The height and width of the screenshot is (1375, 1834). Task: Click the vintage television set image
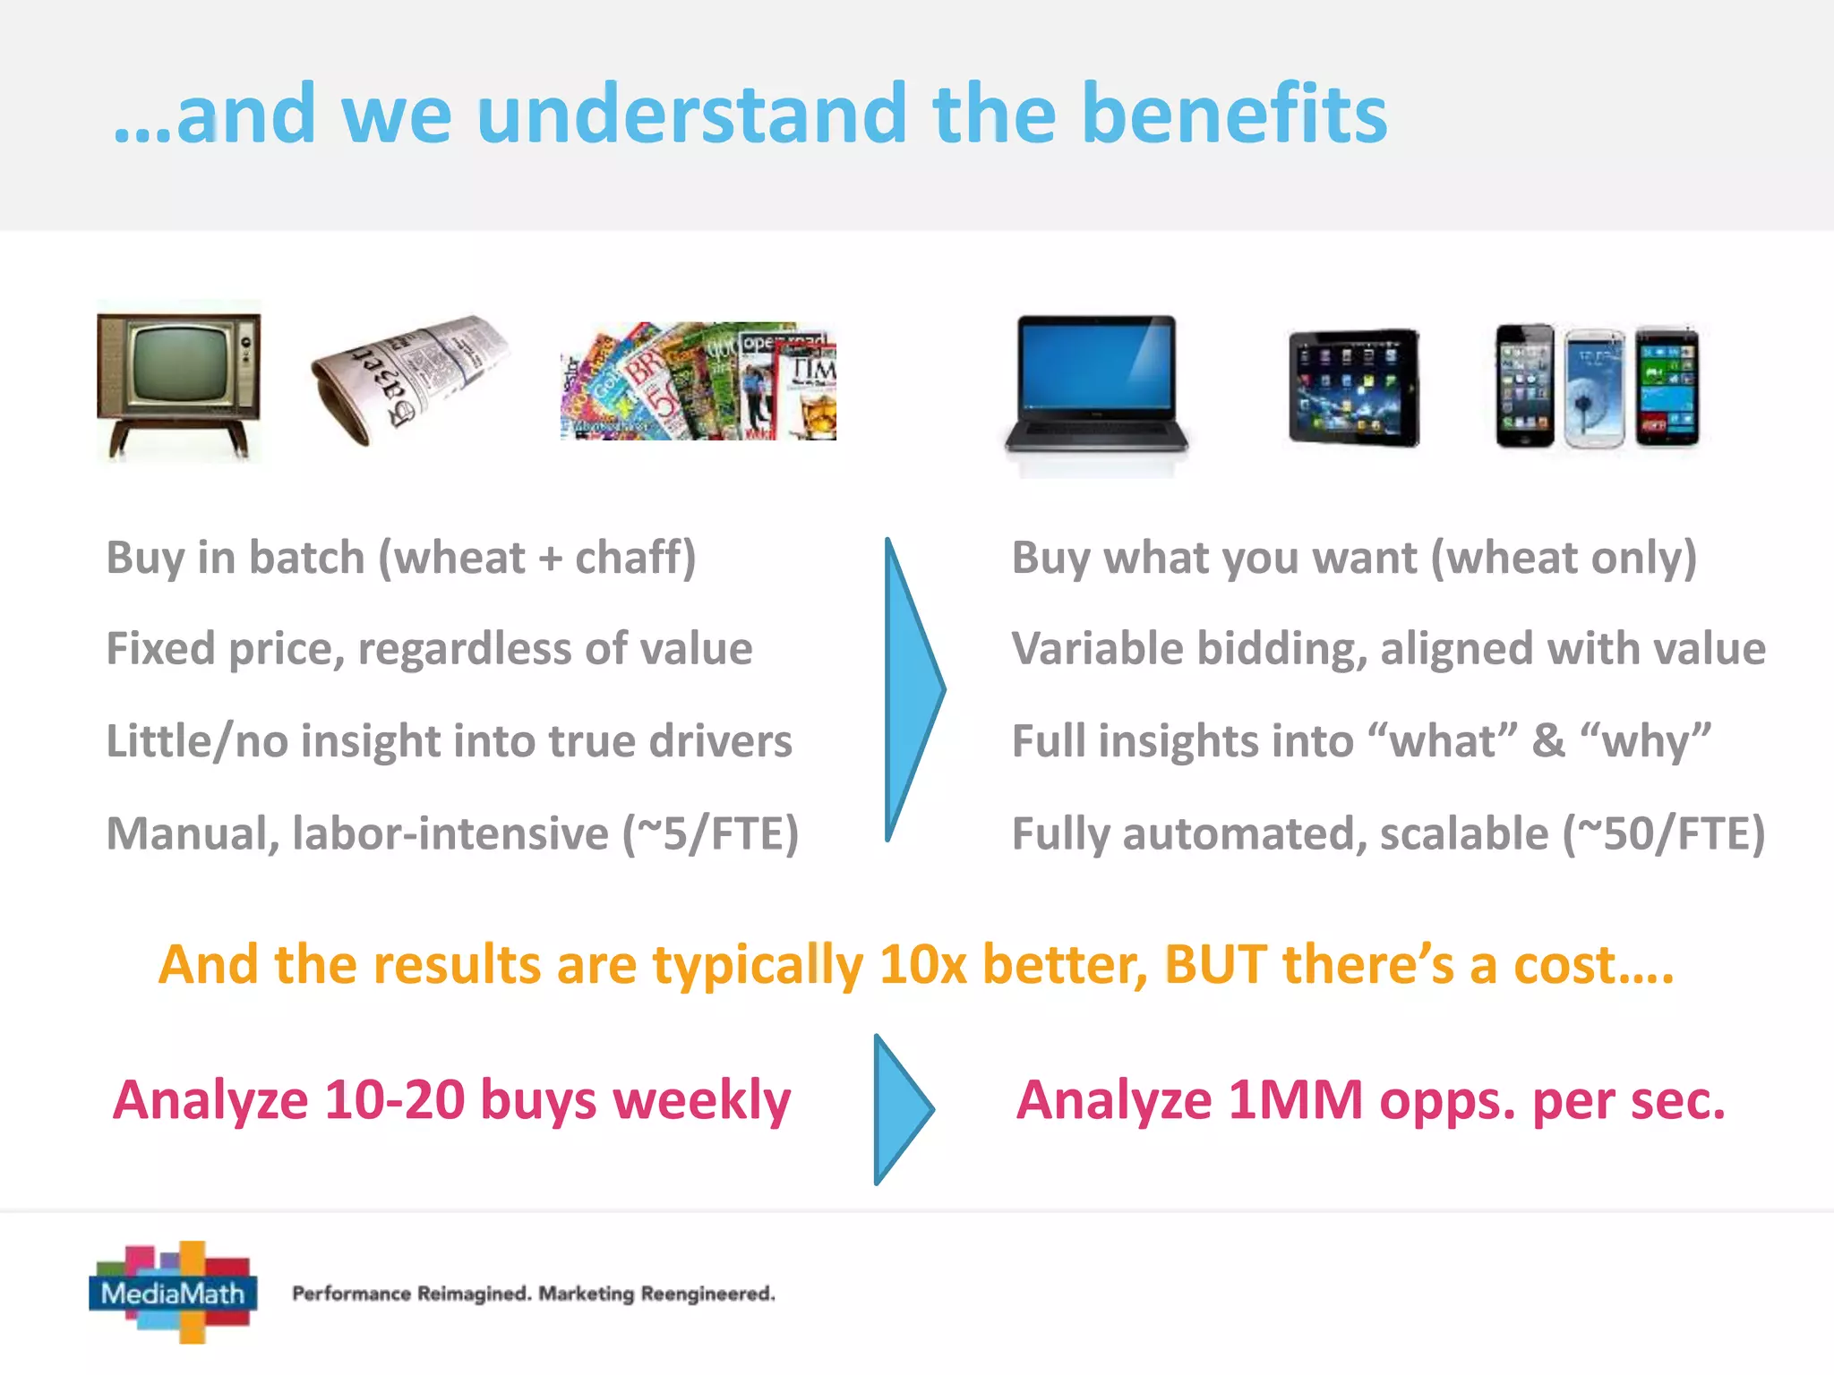[x=179, y=380]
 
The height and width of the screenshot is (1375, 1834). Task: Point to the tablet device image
[x=1353, y=387]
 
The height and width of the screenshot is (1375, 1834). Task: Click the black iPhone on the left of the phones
[x=1525, y=387]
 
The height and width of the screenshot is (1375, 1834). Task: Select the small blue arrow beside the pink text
[x=900, y=1110]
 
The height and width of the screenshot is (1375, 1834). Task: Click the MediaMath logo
[x=174, y=1292]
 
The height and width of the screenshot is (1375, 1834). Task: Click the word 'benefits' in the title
[x=1234, y=114]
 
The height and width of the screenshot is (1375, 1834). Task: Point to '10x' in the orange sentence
[x=922, y=965]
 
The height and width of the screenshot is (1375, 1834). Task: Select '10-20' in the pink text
[x=394, y=1100]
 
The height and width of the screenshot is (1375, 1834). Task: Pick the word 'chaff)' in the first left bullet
[x=635, y=558]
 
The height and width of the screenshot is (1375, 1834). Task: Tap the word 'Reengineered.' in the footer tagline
[x=707, y=1294]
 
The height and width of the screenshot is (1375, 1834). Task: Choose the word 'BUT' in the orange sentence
[x=1215, y=965]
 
